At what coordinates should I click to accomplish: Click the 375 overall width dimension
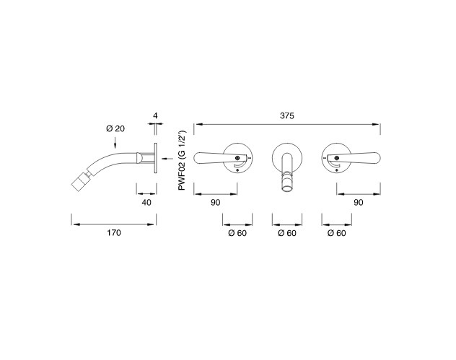(x=287, y=115)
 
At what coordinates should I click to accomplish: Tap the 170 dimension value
(x=114, y=233)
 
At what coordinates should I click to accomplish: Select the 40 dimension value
(x=146, y=203)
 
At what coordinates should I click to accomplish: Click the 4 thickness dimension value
(x=155, y=115)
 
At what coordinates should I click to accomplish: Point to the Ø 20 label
(x=115, y=128)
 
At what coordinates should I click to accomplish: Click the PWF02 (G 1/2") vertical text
(x=182, y=160)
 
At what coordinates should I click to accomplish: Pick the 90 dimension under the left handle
(x=216, y=203)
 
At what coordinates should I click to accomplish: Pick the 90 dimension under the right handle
(x=359, y=203)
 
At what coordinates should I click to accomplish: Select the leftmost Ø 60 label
(x=237, y=233)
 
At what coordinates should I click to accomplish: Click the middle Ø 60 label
(x=287, y=233)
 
